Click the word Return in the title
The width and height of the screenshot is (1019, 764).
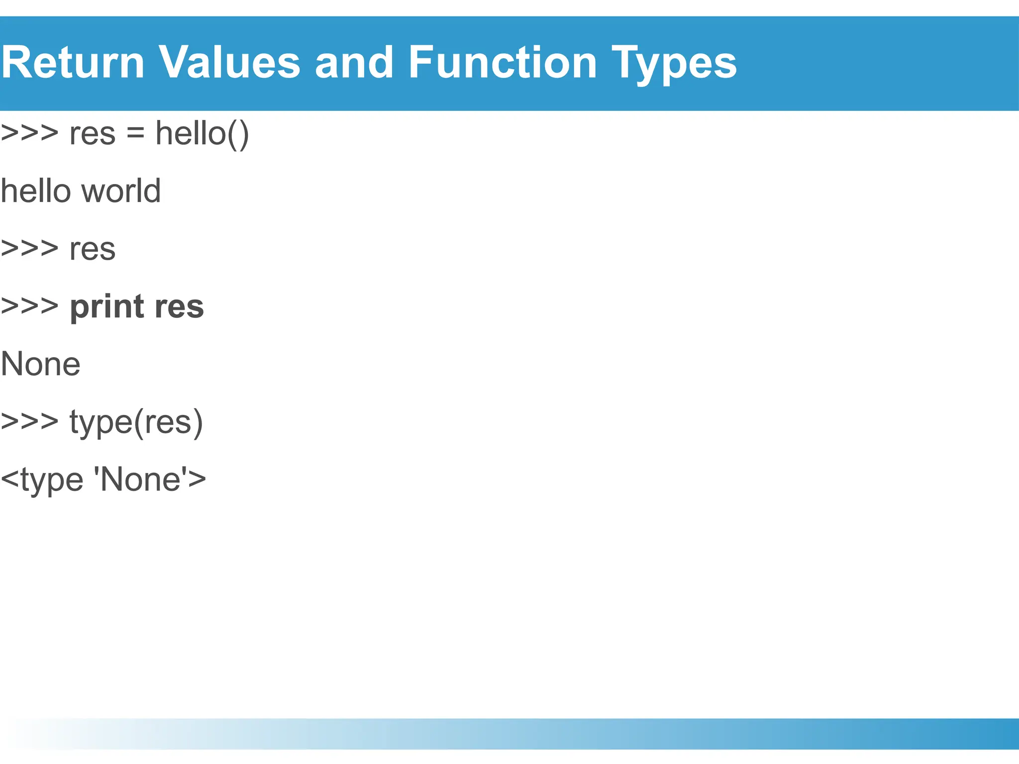[x=73, y=63]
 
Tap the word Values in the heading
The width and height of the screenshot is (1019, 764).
[x=229, y=63]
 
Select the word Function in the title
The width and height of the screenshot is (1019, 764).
[x=502, y=63]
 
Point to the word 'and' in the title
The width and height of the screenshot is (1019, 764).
[x=354, y=63]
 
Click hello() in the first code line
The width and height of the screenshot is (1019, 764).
[x=202, y=134]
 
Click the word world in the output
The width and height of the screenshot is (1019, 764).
[x=121, y=191]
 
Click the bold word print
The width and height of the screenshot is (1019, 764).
[x=107, y=307]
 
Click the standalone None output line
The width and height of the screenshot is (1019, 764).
[x=41, y=364]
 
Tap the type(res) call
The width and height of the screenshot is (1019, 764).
[x=136, y=423]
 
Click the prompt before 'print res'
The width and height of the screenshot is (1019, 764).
[x=29, y=306]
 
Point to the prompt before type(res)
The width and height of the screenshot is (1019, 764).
[x=29, y=422]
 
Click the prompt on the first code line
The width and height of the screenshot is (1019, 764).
[x=29, y=133]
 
